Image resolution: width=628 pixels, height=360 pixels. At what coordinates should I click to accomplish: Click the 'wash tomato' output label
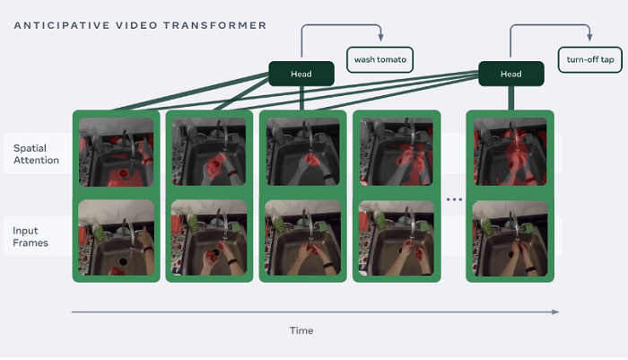tap(379, 60)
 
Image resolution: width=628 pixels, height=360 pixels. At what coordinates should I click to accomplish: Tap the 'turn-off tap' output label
tap(590, 60)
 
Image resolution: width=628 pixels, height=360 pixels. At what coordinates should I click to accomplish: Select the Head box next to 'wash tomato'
tap(301, 74)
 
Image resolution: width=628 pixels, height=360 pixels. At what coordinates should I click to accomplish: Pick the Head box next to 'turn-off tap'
tap(510, 74)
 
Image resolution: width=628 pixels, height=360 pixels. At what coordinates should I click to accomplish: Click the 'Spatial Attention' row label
tap(37, 154)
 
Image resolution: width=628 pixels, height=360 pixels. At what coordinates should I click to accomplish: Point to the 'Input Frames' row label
tap(31, 237)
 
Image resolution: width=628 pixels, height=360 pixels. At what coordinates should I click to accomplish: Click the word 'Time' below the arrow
tap(301, 330)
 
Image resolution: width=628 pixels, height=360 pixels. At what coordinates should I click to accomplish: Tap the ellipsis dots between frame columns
tap(454, 199)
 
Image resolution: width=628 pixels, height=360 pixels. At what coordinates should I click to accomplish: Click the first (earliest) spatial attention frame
tap(116, 154)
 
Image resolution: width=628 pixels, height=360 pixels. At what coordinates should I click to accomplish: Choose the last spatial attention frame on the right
tap(510, 154)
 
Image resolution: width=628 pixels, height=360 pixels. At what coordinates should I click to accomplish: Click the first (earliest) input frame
tap(116, 237)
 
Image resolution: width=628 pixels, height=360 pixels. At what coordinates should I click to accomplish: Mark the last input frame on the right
tap(510, 237)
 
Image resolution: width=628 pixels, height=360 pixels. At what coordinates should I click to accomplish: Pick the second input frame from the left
tap(208, 237)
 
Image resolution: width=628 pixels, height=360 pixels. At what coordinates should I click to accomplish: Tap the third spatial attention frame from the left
tap(301, 154)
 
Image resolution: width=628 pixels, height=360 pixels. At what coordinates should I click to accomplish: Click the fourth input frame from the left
tap(395, 237)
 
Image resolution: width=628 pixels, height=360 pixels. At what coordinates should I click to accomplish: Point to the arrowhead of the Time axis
tap(556, 312)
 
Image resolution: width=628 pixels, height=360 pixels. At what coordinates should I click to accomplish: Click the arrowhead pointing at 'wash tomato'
tap(380, 38)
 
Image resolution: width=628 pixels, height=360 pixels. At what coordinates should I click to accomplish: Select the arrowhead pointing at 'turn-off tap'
tap(589, 38)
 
